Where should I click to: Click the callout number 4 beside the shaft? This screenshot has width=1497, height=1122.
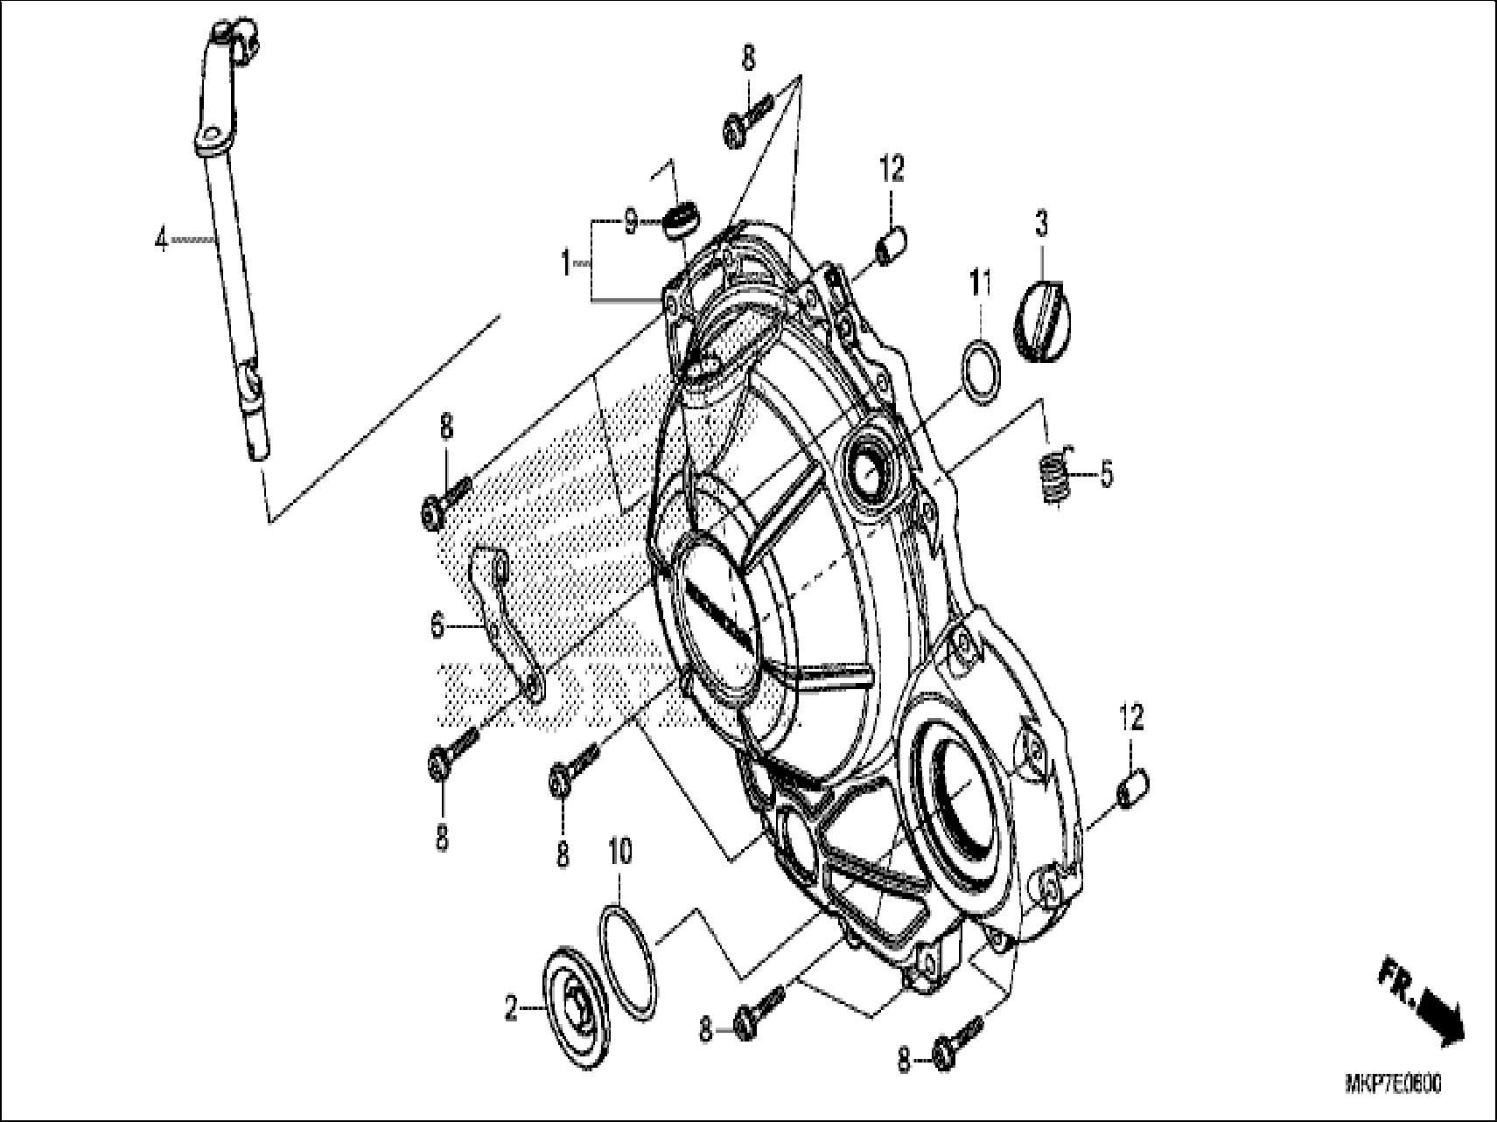tap(161, 239)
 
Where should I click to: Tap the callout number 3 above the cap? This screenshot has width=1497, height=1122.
tap(1041, 224)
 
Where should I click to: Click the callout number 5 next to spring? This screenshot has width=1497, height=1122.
tap(1107, 475)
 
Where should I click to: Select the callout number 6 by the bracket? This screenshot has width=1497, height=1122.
tap(437, 626)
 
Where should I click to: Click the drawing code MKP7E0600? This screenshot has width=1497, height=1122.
tap(1392, 1084)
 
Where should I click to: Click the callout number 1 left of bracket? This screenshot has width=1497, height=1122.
tap(567, 261)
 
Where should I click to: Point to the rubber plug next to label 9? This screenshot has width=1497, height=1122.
tap(680, 219)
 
